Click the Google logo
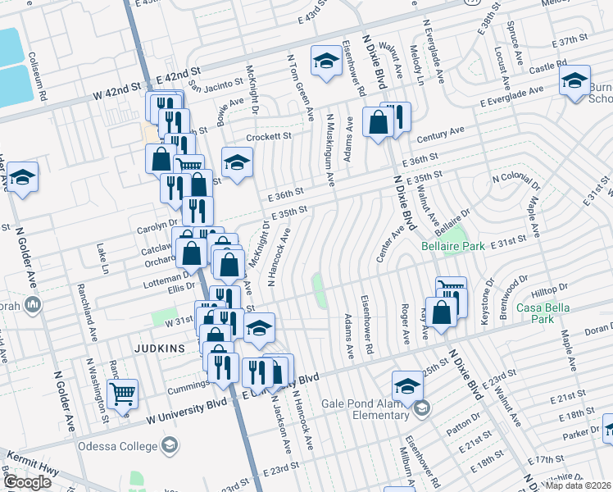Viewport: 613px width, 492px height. click(27, 482)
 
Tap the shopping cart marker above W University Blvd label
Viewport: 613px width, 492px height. click(122, 394)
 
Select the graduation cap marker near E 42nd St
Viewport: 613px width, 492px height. click(325, 61)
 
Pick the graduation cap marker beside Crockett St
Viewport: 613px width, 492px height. click(237, 162)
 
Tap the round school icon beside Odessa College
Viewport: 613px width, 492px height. click(170, 445)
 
